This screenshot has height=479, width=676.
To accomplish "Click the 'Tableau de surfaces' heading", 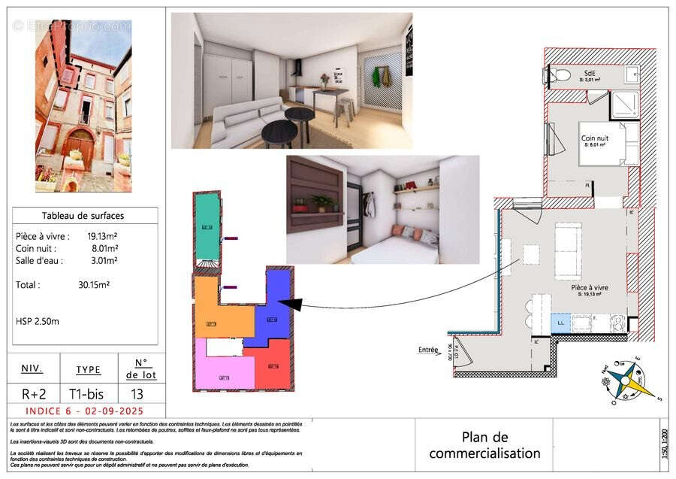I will pyautogui.click(x=85, y=216).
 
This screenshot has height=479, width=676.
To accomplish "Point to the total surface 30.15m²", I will pyautogui.click(x=95, y=285).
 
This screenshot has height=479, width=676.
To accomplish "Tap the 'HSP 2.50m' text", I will pyautogui.click(x=38, y=321).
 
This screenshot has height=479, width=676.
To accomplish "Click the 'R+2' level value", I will pyautogui.click(x=32, y=394).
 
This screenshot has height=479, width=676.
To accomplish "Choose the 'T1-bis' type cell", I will pyautogui.click(x=87, y=394).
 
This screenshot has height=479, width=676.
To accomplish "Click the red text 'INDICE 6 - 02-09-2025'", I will pyautogui.click(x=85, y=411).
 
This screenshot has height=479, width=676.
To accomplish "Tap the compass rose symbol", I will pyautogui.click(x=626, y=379).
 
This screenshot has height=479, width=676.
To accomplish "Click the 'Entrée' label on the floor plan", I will pyautogui.click(x=428, y=350).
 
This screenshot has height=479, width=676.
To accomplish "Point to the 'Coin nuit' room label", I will pyautogui.click(x=593, y=138).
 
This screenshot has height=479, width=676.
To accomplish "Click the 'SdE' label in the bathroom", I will pyautogui.click(x=590, y=73).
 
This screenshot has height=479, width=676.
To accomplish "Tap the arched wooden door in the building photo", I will pyautogui.click(x=79, y=147).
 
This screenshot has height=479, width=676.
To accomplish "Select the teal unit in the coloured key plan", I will pyautogui.click(x=207, y=226).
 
